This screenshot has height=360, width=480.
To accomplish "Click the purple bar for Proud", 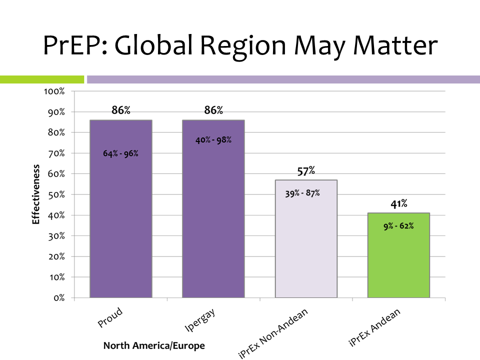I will point(120,225).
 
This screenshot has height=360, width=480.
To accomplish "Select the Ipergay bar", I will point(213,225).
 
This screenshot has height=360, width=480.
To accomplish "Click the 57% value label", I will point(306,171).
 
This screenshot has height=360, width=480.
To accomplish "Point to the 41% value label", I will point(399,204).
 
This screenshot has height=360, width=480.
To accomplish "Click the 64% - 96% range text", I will point(120,153).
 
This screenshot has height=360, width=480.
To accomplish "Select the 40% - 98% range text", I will point(213,140).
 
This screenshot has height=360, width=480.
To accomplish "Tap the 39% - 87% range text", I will point(302,193).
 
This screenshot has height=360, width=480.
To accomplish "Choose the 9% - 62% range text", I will point(398,226).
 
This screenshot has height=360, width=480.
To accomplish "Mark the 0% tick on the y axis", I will point(59,298).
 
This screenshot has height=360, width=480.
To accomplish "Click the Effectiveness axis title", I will point(36,194).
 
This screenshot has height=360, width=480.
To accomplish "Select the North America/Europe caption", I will point(154,345).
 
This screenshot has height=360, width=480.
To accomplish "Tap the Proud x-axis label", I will point(110,318).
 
